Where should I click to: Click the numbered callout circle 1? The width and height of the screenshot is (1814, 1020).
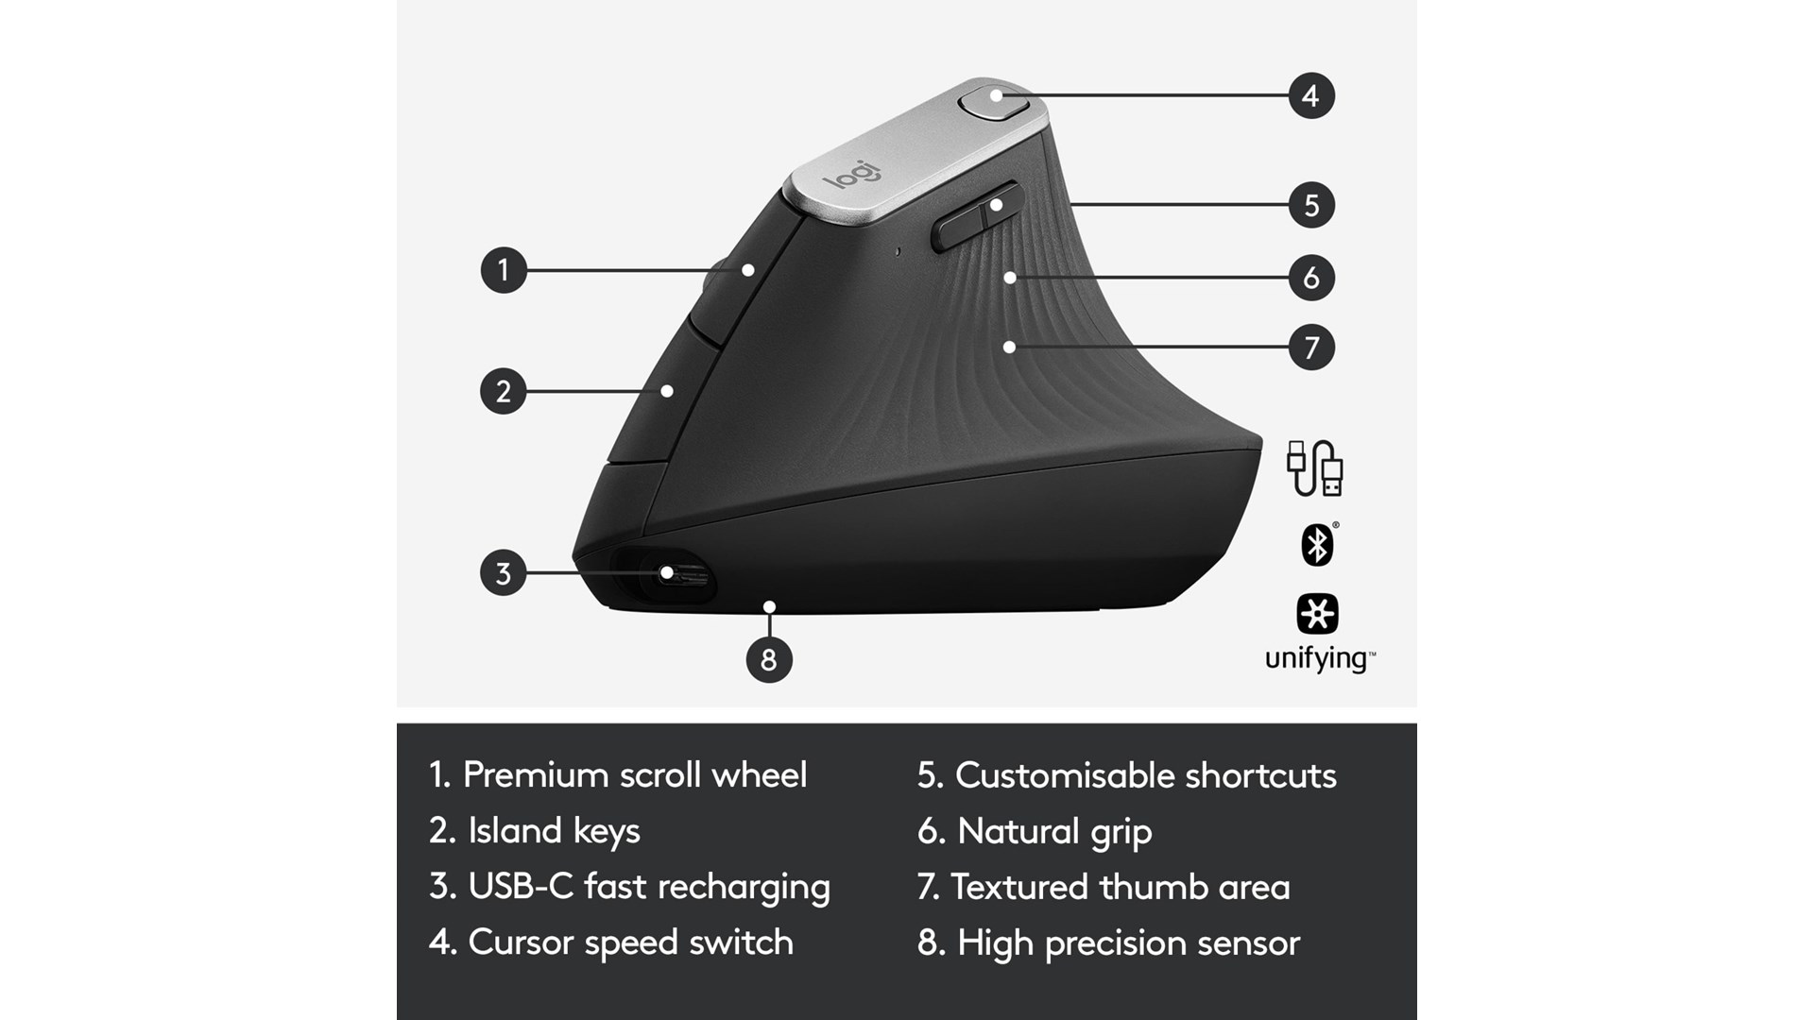point(504,269)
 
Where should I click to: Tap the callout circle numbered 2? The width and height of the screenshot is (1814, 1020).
point(504,391)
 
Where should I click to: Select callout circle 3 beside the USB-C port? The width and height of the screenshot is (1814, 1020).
point(504,572)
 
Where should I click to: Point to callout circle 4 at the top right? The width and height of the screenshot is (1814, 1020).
point(1311,95)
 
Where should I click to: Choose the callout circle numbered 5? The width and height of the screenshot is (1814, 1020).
point(1311,205)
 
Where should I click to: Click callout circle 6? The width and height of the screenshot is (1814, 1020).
point(1311,278)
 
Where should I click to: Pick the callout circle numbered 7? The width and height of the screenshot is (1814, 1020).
point(1311,348)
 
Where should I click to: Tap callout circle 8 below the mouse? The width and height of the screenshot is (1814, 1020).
point(769,659)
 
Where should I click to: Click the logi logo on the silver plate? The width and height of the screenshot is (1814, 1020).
point(851,173)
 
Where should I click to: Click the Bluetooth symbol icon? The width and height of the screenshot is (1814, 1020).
point(1317,544)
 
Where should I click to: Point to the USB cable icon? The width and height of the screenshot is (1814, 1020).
point(1314,467)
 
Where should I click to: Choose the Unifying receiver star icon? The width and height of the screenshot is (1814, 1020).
point(1317,614)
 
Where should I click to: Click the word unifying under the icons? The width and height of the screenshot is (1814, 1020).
point(1320,658)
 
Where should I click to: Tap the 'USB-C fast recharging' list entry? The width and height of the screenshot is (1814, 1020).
point(629,887)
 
